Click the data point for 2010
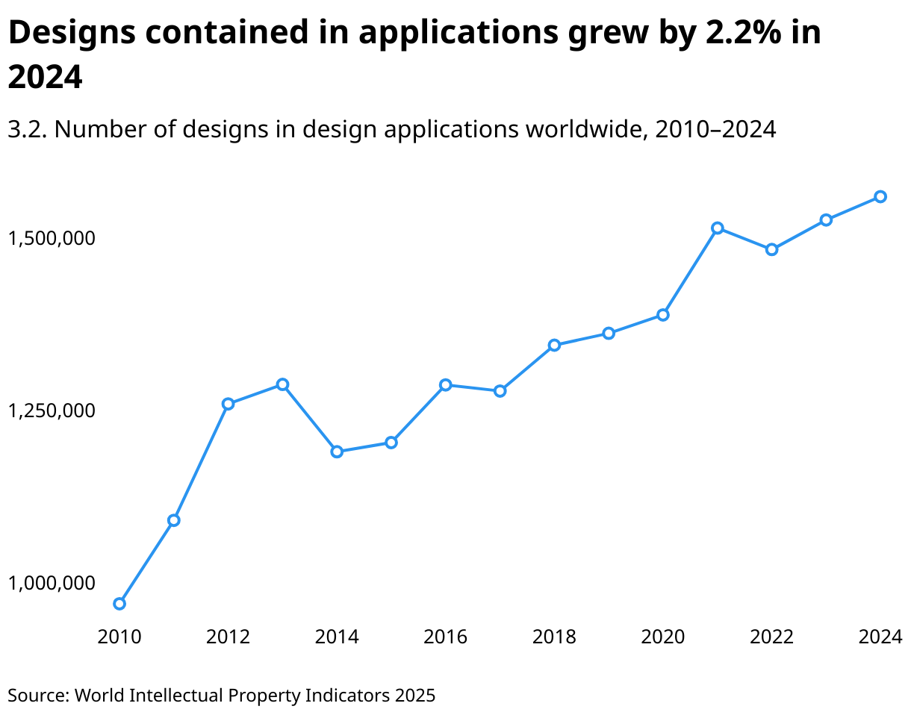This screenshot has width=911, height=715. coord(119,603)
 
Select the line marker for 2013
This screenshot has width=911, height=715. coord(282,384)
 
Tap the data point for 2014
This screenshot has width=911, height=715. coord(337,452)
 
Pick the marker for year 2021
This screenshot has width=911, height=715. coord(717,228)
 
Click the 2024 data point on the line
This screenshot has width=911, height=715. coord(880,196)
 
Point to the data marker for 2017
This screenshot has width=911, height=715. coord(500,390)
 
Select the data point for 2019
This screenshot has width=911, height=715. coord(609,333)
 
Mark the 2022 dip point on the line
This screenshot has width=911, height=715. coord(771,249)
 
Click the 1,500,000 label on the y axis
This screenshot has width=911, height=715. coord(52,238)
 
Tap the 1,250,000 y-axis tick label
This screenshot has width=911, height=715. coord(52,410)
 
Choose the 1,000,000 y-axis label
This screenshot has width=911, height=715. coord(52,582)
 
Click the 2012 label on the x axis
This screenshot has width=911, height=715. coord(228,637)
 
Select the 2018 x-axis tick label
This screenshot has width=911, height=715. coord(554,637)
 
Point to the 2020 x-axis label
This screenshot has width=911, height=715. coord(663,637)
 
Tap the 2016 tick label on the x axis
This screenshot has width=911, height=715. coord(446,637)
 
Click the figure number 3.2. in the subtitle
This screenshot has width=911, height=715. coord(28,130)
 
